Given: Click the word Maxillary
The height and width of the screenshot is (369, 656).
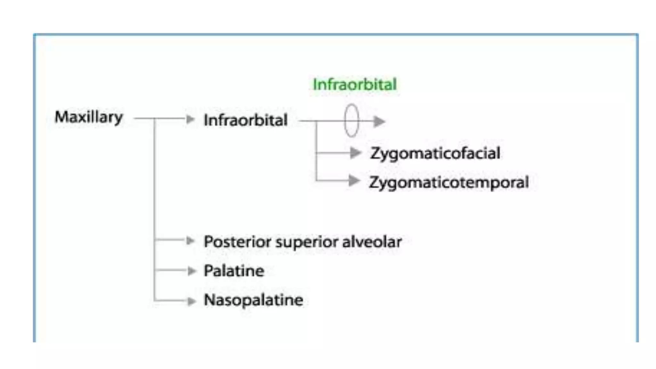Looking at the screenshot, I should tap(89, 117).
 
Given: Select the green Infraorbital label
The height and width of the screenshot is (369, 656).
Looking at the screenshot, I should tap(355, 85).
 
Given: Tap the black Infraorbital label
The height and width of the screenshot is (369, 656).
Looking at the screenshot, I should tap(246, 120).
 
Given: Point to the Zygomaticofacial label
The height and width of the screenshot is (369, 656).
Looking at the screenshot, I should tap(435, 153).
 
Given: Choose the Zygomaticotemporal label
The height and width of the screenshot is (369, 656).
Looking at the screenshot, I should tap(448, 182).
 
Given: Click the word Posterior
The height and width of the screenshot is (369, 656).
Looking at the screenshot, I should tap(237, 242).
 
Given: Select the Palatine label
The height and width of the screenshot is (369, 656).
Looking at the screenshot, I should tap(234, 271).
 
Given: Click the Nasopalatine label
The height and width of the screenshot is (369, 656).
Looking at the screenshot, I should tap(253, 300).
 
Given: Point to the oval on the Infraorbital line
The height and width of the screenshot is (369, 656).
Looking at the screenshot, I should tap(351, 121).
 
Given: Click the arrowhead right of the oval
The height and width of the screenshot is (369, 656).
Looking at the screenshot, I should tap(379, 121).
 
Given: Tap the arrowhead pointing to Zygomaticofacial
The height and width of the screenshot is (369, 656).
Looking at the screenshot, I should tap(355, 153).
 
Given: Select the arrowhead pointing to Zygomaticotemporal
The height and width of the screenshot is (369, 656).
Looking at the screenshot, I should tap(354, 181).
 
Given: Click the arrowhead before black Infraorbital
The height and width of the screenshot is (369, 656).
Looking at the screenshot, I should tap(190, 119).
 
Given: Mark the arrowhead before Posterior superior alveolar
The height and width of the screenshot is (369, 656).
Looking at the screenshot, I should tap(190, 241).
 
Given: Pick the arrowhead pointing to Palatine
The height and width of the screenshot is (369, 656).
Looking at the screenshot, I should tap(192, 271).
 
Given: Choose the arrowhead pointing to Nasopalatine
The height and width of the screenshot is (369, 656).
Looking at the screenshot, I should tap(192, 301).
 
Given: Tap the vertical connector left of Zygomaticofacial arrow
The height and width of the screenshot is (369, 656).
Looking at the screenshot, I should tap(316, 151).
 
